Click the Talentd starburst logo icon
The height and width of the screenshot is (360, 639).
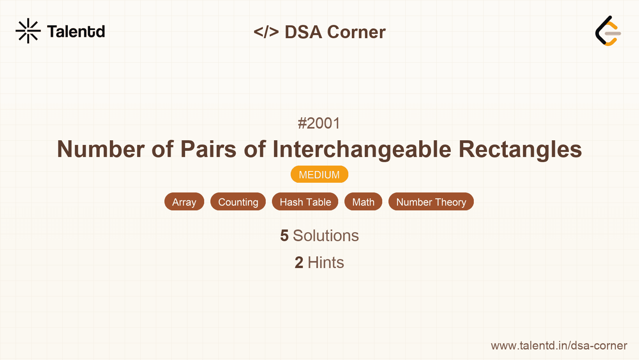tap(28, 31)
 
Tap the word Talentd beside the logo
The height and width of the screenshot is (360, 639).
tap(76, 32)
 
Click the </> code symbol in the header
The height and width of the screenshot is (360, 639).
tap(266, 32)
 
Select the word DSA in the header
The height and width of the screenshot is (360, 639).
tap(303, 32)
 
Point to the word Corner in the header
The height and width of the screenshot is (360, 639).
tap(356, 32)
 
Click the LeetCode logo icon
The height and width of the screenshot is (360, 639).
tap(608, 31)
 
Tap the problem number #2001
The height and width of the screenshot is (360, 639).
tap(319, 123)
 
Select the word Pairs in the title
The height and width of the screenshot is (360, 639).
tap(208, 149)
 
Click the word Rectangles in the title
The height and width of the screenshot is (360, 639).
tap(520, 149)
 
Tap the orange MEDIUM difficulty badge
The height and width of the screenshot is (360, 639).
tap(319, 175)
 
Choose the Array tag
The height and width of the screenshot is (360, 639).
tap(184, 202)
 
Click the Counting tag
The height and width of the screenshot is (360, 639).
tap(238, 202)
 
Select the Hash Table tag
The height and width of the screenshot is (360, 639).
tap(305, 202)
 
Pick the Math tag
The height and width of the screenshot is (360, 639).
tap(363, 202)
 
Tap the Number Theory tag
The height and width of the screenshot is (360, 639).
tap(431, 202)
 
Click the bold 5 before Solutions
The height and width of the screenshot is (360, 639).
tap(284, 236)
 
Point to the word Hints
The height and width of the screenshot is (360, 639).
tap(326, 263)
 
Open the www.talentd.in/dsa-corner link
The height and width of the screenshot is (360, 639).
tap(559, 346)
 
